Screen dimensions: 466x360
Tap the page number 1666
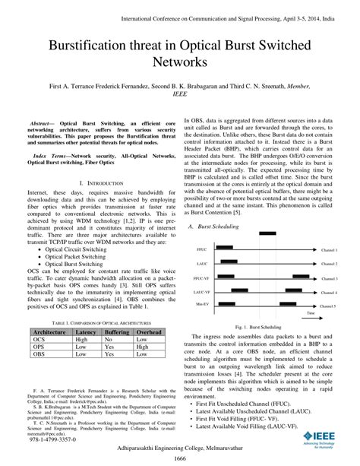[x=179, y=459]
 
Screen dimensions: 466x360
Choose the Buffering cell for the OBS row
[x=117, y=334]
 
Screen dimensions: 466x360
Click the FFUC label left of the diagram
[x=201, y=228]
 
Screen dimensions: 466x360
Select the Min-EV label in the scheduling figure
[x=202, y=283]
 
